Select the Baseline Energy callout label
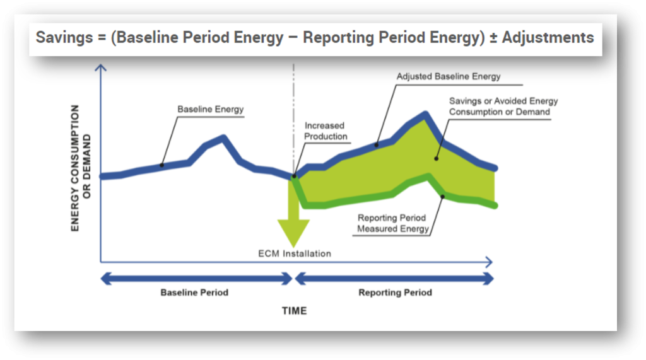point(210,110)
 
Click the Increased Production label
point(326,131)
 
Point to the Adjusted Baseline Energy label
point(448,76)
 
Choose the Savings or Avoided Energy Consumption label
point(503,107)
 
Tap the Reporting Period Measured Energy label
point(392,223)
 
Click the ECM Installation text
point(295,253)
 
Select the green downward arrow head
point(293,233)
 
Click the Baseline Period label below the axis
point(194,293)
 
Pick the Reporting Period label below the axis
point(395,293)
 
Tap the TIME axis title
point(293,311)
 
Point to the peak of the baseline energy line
point(223,137)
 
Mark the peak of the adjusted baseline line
point(426,115)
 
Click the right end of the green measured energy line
point(495,205)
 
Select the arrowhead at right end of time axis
point(489,261)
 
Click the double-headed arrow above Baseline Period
point(194,278)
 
